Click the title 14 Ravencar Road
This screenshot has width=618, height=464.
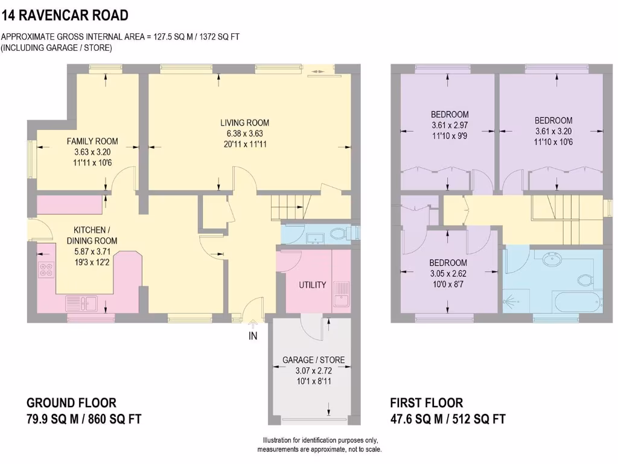pyautogui.click(x=65, y=15)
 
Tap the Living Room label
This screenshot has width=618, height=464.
pyautogui.click(x=244, y=123)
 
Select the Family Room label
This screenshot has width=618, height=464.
pyautogui.click(x=92, y=141)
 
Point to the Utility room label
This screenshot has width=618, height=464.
pyautogui.click(x=313, y=285)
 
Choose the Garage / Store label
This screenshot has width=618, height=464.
pyautogui.click(x=313, y=360)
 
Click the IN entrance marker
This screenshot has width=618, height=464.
pyautogui.click(x=253, y=336)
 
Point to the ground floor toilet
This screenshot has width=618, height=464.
pyautogui.click(x=338, y=234)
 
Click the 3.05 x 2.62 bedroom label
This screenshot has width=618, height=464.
pyautogui.click(x=448, y=263)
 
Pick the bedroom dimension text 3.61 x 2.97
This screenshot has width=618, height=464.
pyautogui.click(x=450, y=126)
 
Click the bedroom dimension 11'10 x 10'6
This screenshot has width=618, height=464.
pyautogui.click(x=553, y=142)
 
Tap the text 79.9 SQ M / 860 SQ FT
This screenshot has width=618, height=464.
pyautogui.click(x=84, y=419)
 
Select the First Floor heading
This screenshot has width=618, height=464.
pyautogui.click(x=426, y=403)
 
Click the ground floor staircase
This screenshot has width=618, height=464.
pyautogui.click(x=290, y=207)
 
